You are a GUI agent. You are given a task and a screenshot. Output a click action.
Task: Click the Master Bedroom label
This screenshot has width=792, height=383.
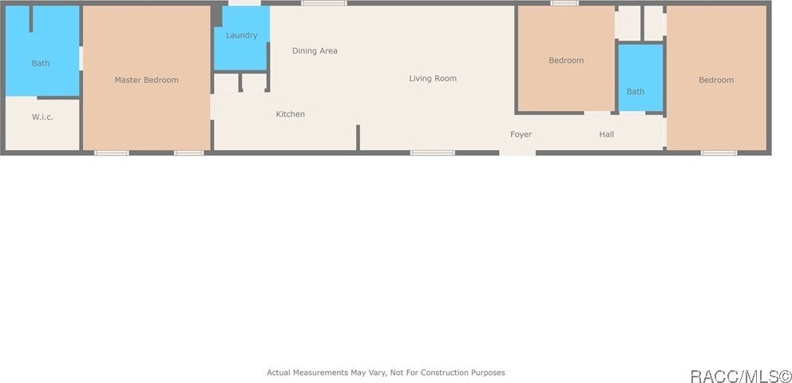point(146,80)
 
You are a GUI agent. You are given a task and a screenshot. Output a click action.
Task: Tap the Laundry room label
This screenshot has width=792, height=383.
point(241,35)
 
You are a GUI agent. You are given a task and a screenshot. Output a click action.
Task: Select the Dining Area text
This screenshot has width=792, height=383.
point(315,50)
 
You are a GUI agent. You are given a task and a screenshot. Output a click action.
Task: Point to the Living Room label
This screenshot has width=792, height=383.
point(433,78)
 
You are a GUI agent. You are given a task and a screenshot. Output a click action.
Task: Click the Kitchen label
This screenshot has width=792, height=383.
point(291,114)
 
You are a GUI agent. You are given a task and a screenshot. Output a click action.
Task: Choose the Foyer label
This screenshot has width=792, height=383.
point(521,134)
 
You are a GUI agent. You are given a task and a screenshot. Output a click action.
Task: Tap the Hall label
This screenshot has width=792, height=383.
point(607,134)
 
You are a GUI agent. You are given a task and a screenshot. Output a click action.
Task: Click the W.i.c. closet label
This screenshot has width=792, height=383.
point(42,116)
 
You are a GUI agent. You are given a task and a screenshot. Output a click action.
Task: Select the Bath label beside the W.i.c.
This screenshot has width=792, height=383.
point(41,63)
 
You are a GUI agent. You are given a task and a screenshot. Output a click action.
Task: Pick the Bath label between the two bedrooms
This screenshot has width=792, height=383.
point(636,91)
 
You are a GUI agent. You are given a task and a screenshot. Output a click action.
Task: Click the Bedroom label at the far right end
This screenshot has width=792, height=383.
point(716,80)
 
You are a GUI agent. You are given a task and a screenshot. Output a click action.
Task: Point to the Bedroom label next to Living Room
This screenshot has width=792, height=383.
point(566,60)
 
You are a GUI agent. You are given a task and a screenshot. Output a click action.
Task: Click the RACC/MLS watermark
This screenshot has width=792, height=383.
point(740,376)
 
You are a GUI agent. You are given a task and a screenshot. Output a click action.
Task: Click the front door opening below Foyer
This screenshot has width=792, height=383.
point(517,152)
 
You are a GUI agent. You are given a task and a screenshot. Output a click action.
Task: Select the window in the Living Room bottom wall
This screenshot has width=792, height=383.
point(433,152)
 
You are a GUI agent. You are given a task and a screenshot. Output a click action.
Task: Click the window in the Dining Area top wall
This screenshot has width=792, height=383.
point(324,3)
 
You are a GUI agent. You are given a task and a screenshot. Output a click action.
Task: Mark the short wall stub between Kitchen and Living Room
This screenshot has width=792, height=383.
point(358,138)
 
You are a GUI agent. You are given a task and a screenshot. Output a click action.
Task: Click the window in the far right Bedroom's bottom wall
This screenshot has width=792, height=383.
point(719,152)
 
